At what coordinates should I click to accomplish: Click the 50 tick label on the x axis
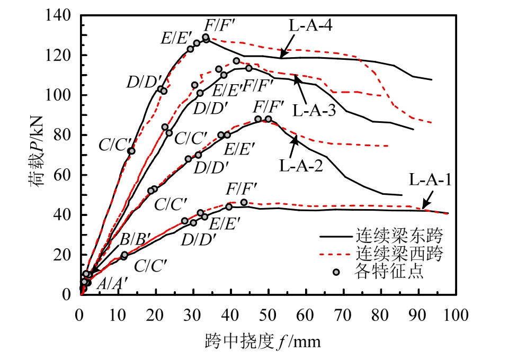click(268, 316)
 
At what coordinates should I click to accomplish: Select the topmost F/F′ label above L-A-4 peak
click(220, 25)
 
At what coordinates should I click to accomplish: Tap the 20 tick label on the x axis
click(155, 316)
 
